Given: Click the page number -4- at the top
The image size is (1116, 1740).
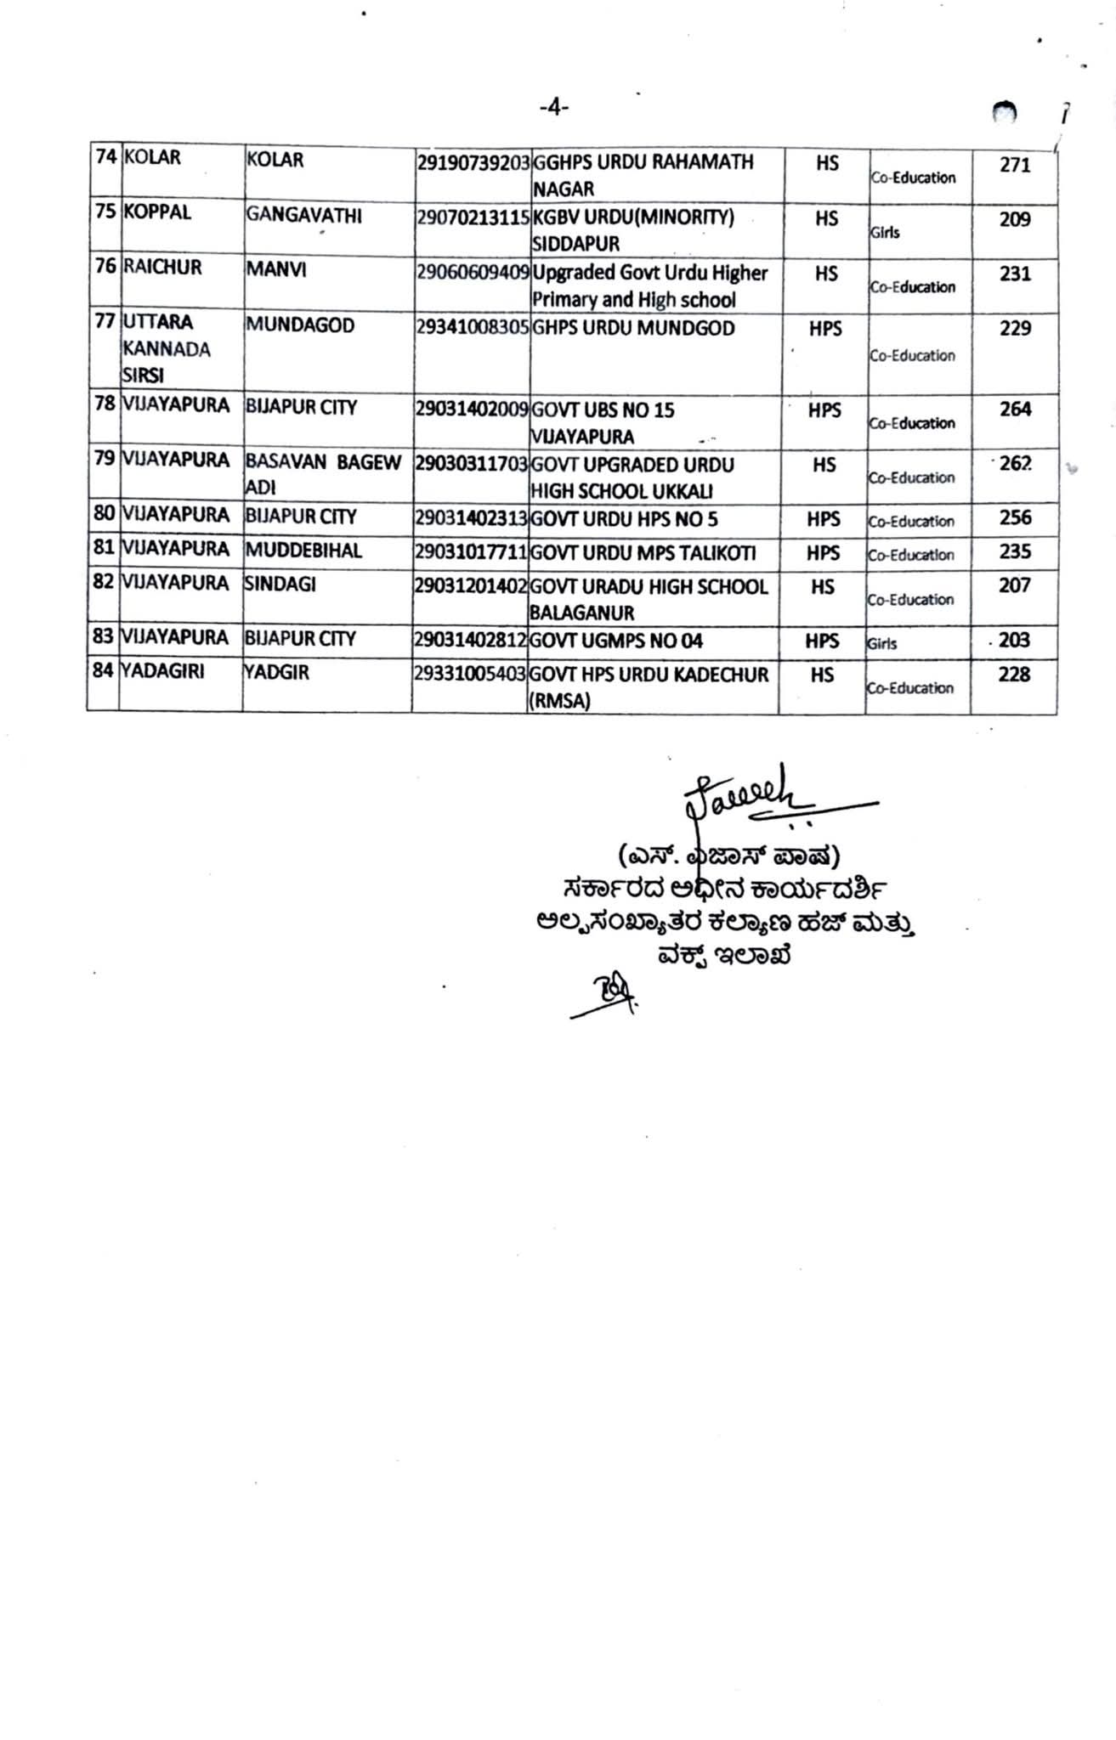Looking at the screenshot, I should point(553,107).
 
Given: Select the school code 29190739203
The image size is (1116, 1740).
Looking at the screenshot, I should point(473,162).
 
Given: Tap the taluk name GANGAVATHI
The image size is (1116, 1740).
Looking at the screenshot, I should point(303,216).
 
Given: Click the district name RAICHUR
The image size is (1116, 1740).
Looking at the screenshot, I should point(162,268).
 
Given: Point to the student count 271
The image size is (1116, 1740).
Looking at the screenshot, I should point(1015,165).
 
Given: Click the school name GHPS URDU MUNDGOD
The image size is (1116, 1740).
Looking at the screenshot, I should point(633,329).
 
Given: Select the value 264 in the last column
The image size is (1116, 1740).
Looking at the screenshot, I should point(1015,410).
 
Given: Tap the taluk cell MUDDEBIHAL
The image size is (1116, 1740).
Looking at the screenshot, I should point(303,551).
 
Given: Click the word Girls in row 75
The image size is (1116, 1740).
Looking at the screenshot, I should point(884,232).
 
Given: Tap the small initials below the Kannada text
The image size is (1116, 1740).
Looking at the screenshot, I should point(605,990).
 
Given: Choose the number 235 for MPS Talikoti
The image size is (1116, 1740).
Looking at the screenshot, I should point(1015,552).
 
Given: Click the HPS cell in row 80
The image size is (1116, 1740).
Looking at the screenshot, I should point(823,519).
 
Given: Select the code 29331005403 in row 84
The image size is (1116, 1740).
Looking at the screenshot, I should point(470,674).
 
